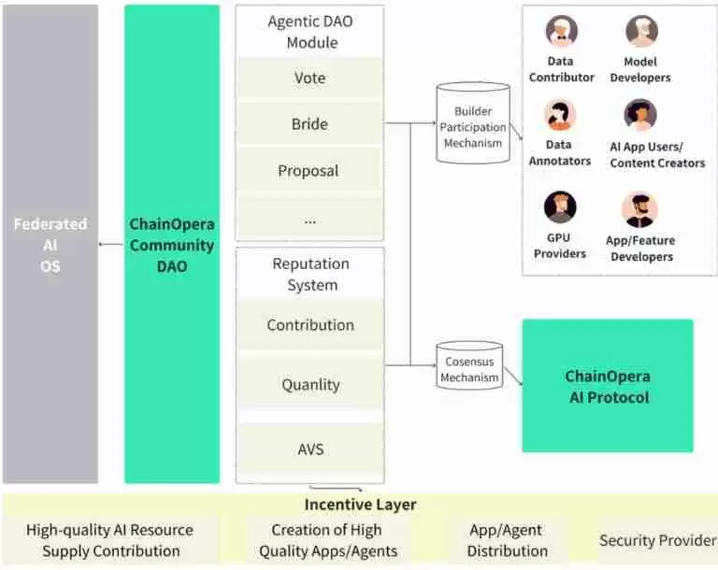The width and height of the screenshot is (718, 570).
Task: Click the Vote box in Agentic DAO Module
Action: click(309, 78)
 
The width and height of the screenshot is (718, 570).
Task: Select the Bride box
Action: click(309, 124)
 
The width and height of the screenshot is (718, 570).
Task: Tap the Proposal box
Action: click(309, 171)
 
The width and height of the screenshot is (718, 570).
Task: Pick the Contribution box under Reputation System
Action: click(309, 325)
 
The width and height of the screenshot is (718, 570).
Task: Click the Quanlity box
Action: click(309, 384)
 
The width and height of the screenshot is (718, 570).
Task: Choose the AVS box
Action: click(309, 449)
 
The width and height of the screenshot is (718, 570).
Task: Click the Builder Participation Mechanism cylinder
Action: click(472, 123)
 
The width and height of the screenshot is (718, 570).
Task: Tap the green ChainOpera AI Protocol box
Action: click(607, 387)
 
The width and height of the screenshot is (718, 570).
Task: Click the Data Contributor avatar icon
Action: click(561, 32)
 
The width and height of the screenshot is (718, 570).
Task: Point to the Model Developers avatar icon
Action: click(641, 32)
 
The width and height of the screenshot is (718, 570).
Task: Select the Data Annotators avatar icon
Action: click(560, 116)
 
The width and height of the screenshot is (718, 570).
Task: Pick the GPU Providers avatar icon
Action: click(560, 207)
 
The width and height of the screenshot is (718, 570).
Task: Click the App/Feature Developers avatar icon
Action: click(640, 210)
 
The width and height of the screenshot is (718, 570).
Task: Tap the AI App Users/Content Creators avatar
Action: click(640, 116)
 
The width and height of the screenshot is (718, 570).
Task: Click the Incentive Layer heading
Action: click(359, 505)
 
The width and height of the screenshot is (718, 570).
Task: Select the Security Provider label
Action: click(657, 540)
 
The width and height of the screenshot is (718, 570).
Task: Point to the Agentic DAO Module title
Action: click(309, 31)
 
